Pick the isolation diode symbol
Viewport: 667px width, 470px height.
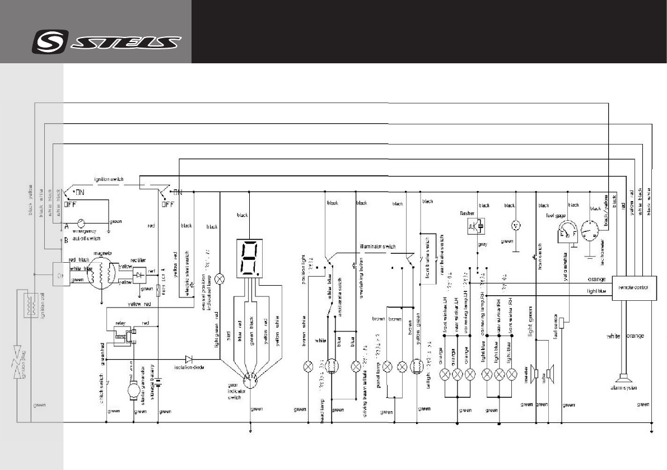pyautogui.click(x=189, y=359)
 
